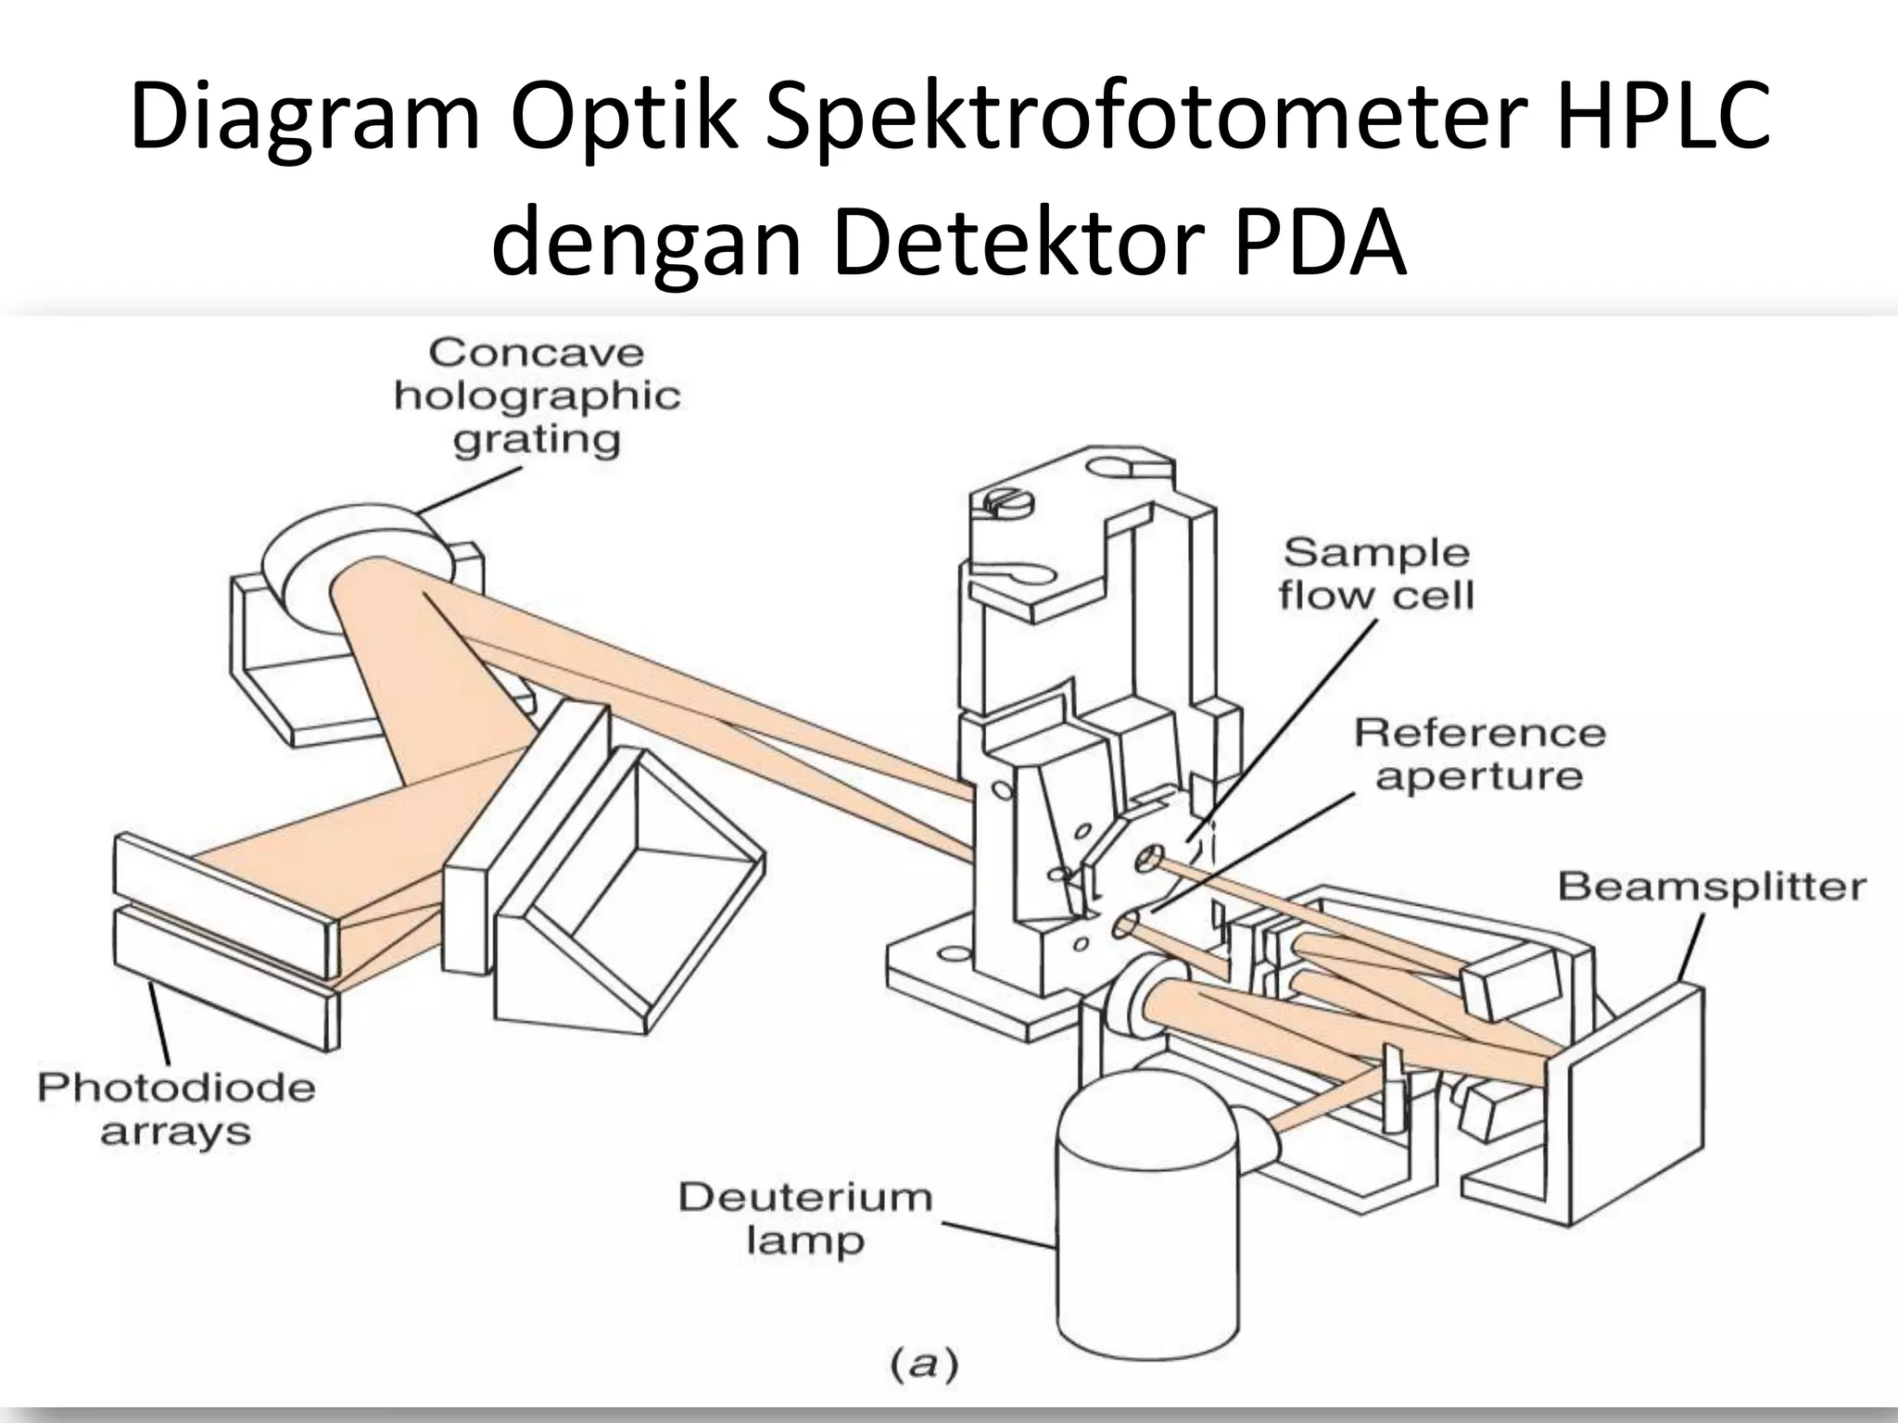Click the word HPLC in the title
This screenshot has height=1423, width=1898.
[x=1663, y=118]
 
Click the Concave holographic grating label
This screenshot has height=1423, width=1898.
[x=537, y=396]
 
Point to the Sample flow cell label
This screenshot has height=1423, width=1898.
[x=1376, y=574]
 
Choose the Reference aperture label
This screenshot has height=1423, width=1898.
[x=1479, y=754]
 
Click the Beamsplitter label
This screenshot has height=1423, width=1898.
[x=1711, y=887]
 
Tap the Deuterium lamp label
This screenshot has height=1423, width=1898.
[x=804, y=1218]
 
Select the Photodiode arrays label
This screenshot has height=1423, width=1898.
[x=176, y=1109]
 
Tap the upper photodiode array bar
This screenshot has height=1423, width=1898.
[x=222, y=903]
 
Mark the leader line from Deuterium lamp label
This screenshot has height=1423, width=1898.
[x=1001, y=1234]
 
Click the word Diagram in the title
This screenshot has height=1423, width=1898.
[x=306, y=118]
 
